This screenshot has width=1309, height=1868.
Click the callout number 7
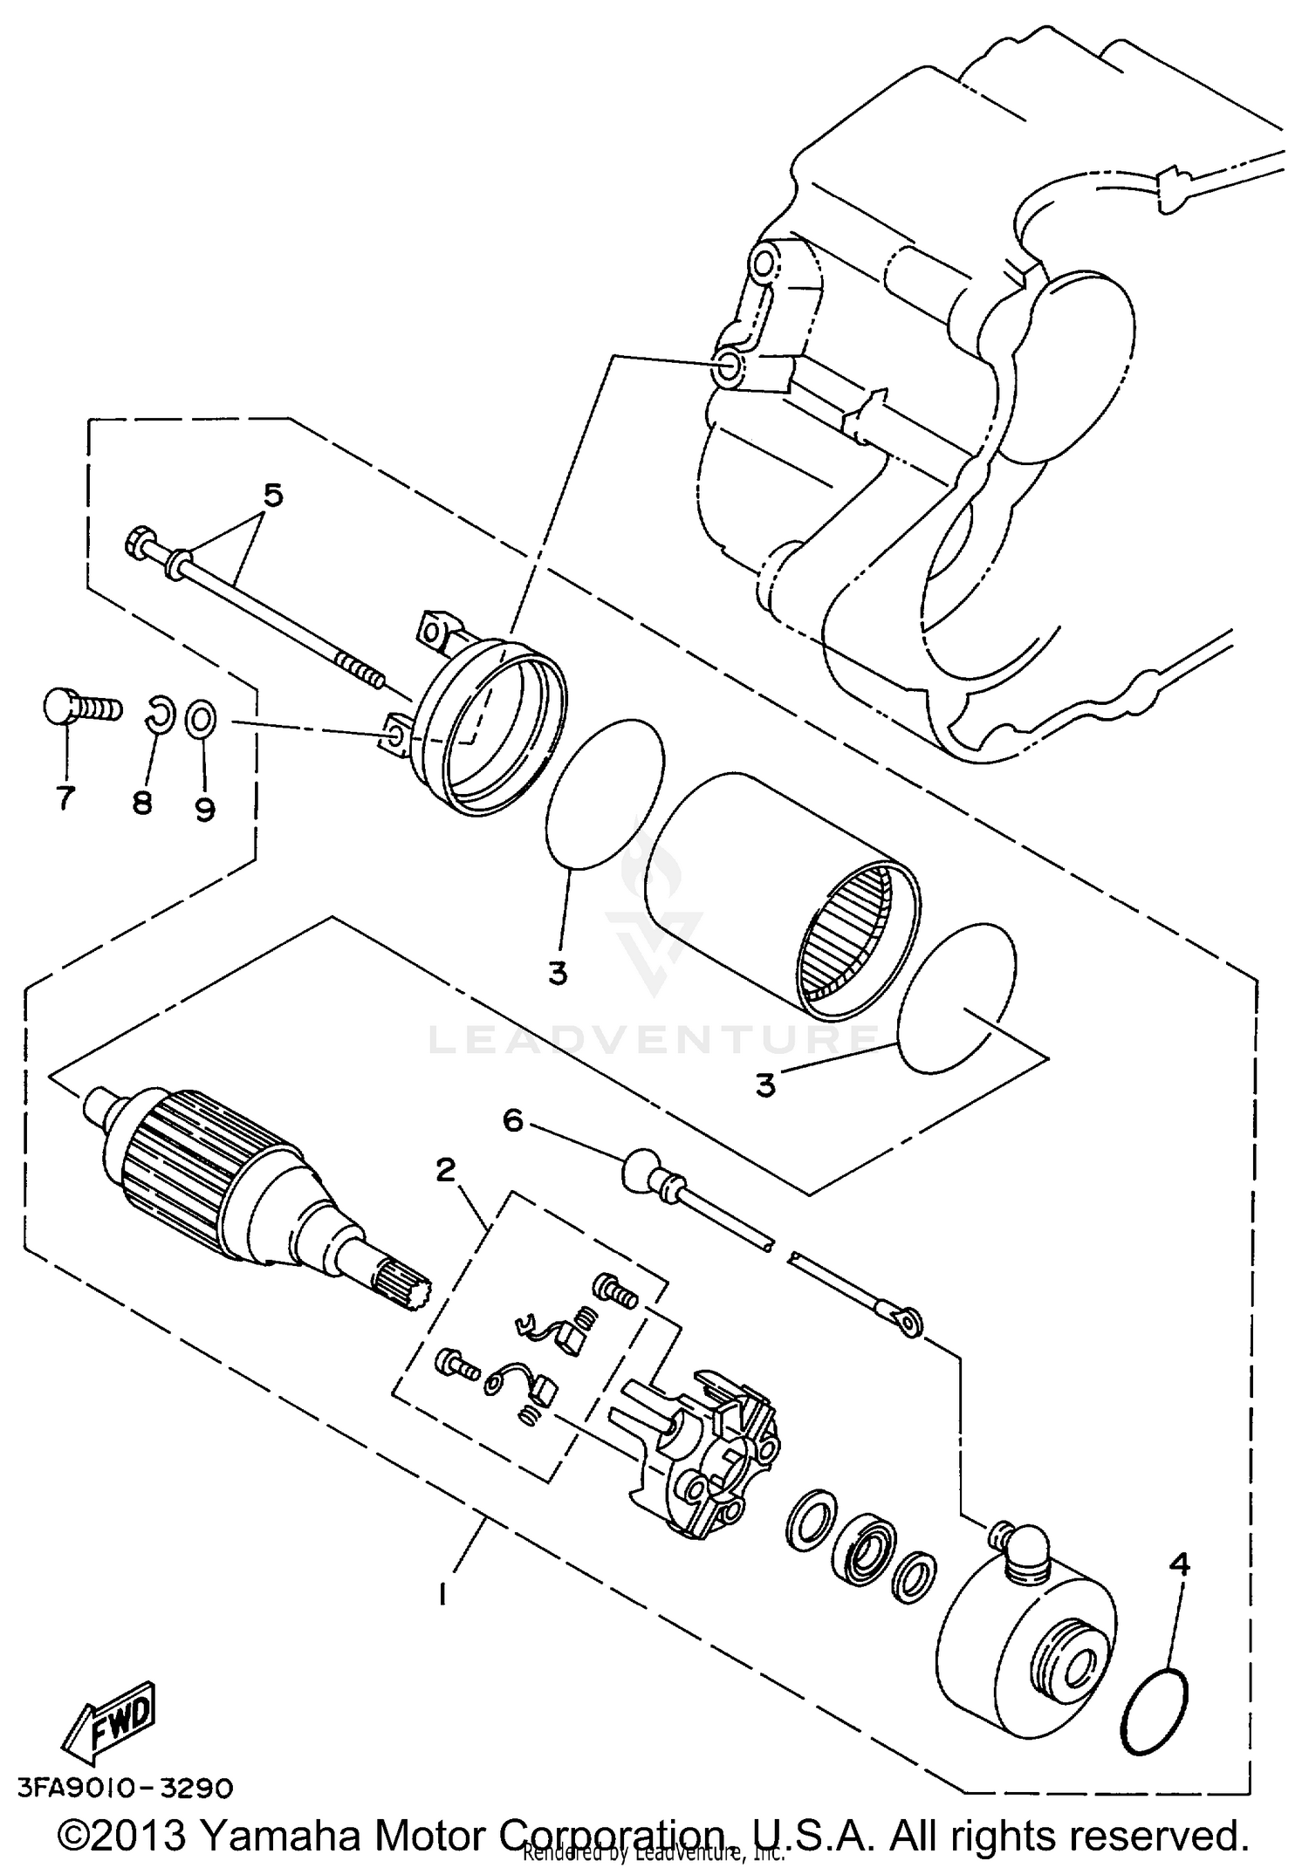click(x=65, y=797)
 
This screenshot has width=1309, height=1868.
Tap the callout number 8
click(x=142, y=802)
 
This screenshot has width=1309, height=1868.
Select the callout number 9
click(x=204, y=811)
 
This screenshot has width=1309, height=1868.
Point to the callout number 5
click(x=273, y=496)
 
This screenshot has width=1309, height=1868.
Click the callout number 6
click(x=512, y=1120)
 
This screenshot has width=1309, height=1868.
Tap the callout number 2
click(x=445, y=1170)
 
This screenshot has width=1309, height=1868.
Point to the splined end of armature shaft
click(x=401, y=1282)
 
